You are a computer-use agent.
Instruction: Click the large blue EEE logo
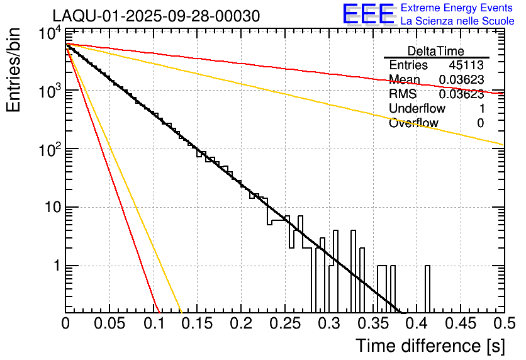(x=368, y=14)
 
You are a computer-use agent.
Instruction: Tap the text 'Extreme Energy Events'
(x=457, y=8)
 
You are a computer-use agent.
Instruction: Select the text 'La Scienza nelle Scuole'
(x=457, y=21)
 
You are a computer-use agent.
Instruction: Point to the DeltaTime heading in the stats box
(x=436, y=51)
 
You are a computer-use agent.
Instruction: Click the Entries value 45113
(x=466, y=65)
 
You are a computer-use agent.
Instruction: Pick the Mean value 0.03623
(x=461, y=80)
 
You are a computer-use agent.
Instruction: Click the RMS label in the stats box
(x=403, y=94)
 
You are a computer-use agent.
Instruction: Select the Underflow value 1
(x=481, y=109)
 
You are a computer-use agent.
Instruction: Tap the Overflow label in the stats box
(x=413, y=123)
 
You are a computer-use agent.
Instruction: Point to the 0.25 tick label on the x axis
(x=284, y=323)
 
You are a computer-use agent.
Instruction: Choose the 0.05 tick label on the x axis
(x=109, y=323)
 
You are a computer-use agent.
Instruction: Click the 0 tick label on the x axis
(x=65, y=323)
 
